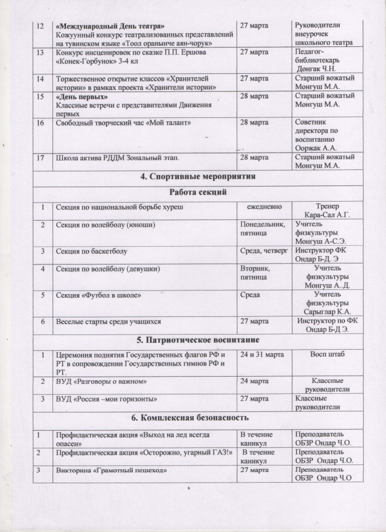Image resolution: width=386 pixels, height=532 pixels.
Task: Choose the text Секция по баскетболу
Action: click(91, 251)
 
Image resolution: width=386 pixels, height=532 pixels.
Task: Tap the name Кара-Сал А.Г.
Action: click(324, 215)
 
